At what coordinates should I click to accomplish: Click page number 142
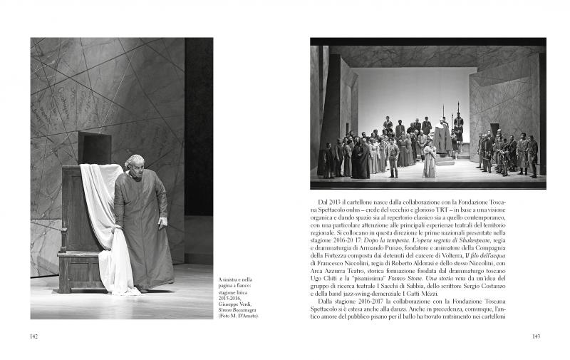pos(34,336)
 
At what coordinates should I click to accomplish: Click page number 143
pos(537,336)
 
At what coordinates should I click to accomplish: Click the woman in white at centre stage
pos(429,161)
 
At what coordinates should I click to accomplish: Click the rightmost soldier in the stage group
pos(532,155)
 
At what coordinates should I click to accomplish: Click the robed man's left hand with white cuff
pos(162,221)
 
